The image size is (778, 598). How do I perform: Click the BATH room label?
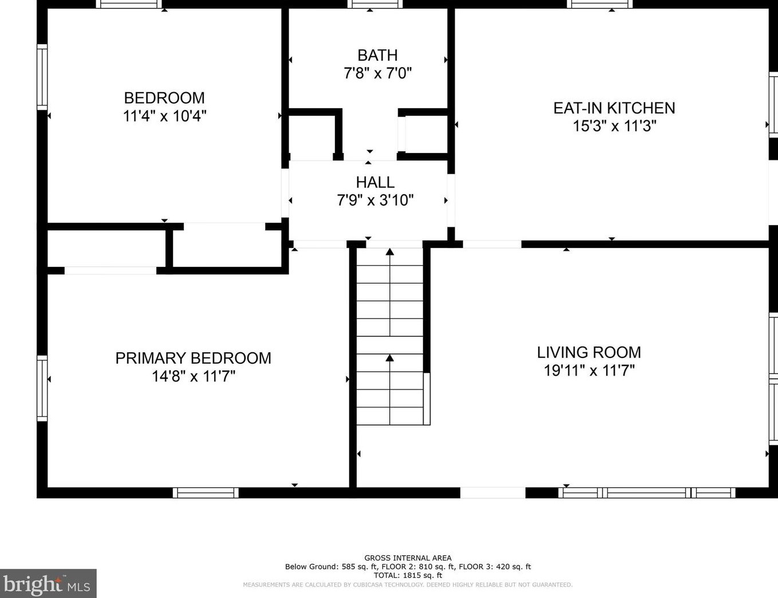[377, 56]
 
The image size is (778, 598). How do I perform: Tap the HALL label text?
[375, 183]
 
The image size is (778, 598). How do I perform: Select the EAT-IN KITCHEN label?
[614, 108]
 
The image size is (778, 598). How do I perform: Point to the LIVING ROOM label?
[589, 353]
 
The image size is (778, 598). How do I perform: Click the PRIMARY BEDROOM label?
[193, 359]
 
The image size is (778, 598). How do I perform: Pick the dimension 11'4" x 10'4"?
[165, 116]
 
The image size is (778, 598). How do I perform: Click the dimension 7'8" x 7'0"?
[378, 73]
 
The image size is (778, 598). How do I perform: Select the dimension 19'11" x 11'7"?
[589, 371]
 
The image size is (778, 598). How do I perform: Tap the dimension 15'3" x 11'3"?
[614, 126]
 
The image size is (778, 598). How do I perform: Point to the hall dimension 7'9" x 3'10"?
[375, 200]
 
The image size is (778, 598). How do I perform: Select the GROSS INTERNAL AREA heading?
[408, 558]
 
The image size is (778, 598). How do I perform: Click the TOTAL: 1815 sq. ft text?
[408, 576]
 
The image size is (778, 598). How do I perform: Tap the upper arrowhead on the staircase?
[390, 251]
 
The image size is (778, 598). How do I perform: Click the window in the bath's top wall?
[375, 4]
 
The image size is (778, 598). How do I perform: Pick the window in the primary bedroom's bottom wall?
[206, 493]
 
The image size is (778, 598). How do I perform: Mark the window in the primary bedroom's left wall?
[42, 388]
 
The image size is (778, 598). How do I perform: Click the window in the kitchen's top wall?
[600, 4]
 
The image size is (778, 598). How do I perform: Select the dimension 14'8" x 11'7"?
[193, 376]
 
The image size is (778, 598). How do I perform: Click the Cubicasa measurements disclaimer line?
[408, 585]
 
